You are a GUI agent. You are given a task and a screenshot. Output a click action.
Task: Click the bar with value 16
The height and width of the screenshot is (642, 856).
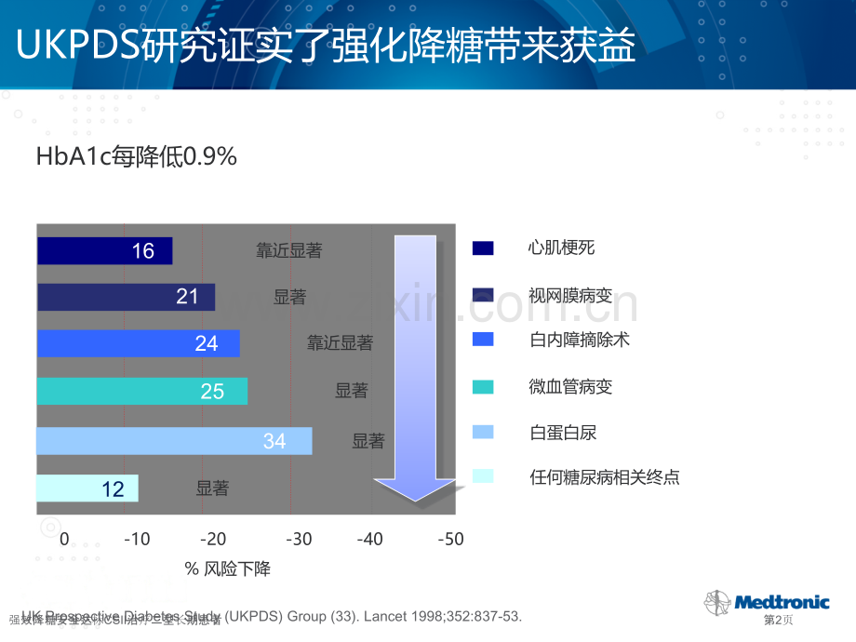[104, 250]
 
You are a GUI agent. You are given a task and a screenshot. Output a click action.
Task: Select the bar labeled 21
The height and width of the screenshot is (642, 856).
[126, 297]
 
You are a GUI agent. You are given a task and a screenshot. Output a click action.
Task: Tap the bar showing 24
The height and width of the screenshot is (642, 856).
[138, 343]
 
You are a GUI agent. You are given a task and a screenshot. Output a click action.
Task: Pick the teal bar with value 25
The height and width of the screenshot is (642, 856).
[141, 391]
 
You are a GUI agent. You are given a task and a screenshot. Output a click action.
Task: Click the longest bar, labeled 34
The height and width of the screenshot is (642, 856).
[174, 441]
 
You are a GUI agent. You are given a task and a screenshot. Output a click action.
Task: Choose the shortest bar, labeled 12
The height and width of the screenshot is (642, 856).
[87, 488]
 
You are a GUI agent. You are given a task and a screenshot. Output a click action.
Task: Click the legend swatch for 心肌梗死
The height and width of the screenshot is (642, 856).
[483, 247]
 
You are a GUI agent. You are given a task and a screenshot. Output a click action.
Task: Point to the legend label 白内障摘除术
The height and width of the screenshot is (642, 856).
[579, 340]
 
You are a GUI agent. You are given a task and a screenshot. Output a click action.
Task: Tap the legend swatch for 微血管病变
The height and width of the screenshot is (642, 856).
[483, 386]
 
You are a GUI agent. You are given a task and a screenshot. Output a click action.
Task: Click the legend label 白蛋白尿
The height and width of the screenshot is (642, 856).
[562, 432]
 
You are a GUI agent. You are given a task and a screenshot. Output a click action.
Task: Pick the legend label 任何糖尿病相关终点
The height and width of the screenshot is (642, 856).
[604, 477]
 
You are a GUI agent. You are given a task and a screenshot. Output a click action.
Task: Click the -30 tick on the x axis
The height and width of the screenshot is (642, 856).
[299, 539]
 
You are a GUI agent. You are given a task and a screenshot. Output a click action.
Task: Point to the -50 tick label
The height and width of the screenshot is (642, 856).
[449, 539]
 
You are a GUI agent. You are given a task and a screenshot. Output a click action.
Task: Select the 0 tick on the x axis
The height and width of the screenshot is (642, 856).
[64, 539]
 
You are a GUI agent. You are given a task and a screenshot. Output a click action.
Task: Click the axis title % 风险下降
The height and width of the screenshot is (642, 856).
[228, 568]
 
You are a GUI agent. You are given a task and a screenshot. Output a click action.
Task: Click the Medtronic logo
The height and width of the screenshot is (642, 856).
[768, 601]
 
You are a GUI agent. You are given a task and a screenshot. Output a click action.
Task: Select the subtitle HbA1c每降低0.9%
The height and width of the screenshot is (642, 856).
[137, 157]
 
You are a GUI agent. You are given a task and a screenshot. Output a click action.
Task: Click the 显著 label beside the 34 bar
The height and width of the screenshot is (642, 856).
[368, 441]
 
